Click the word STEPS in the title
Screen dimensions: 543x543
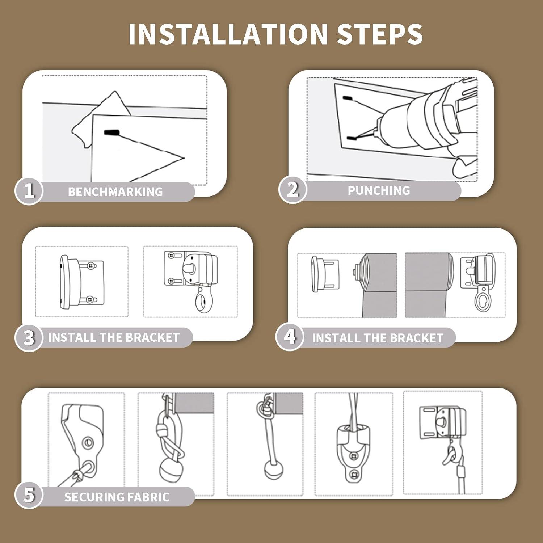(x=380, y=34)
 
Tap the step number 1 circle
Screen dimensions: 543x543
(x=29, y=190)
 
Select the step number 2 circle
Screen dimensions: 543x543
(x=292, y=189)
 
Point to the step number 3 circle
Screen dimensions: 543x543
(x=29, y=337)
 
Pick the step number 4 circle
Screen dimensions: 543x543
(x=290, y=337)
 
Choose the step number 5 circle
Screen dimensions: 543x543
(x=29, y=495)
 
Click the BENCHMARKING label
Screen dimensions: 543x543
(x=115, y=191)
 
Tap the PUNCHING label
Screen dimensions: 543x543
(x=379, y=190)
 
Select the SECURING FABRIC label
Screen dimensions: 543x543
(x=117, y=497)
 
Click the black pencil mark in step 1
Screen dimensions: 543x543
(x=111, y=133)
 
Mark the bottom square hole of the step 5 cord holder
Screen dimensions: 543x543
(x=354, y=473)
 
